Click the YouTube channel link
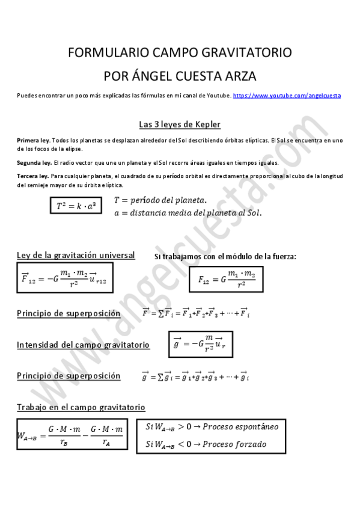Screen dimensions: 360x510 click(287, 96)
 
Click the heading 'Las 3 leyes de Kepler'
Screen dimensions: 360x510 click(180, 124)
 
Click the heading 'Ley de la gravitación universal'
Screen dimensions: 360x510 click(76, 256)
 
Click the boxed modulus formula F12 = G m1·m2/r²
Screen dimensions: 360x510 click(227, 279)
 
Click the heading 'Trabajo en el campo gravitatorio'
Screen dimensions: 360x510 click(81, 407)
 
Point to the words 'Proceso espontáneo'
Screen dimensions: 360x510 click(240, 426)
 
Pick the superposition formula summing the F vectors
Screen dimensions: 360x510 click(195, 313)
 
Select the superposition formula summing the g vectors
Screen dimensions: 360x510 click(195, 377)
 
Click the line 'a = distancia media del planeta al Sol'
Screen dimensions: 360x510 click(188, 213)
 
